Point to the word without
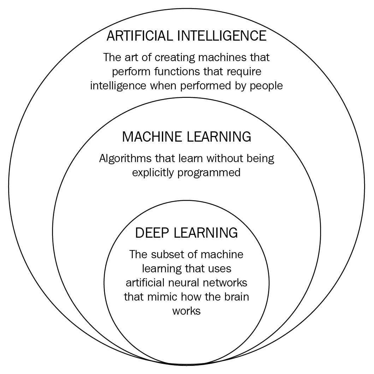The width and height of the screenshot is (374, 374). click(x=216, y=158)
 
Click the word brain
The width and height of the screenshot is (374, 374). click(x=236, y=297)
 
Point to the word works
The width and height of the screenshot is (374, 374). click(x=186, y=311)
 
